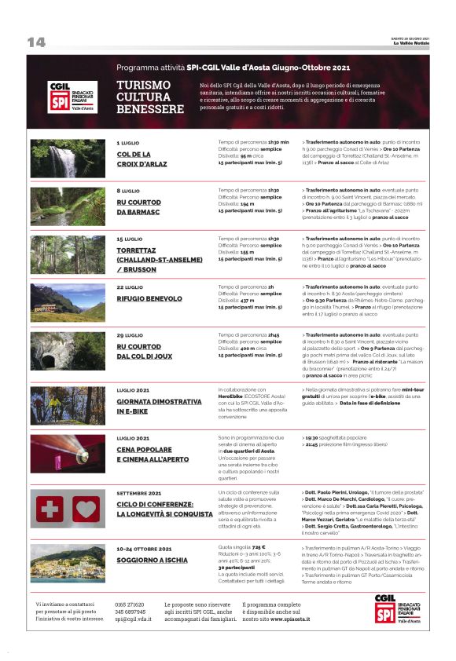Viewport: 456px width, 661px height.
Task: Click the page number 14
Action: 36,42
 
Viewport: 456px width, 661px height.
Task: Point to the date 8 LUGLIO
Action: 128,191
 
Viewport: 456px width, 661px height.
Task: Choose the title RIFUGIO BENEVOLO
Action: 150,298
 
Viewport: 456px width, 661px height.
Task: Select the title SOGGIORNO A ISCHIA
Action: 152,560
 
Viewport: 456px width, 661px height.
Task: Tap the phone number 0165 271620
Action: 130,604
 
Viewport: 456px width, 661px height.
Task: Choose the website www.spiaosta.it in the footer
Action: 287,619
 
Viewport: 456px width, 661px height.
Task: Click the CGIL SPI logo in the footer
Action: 397,608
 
